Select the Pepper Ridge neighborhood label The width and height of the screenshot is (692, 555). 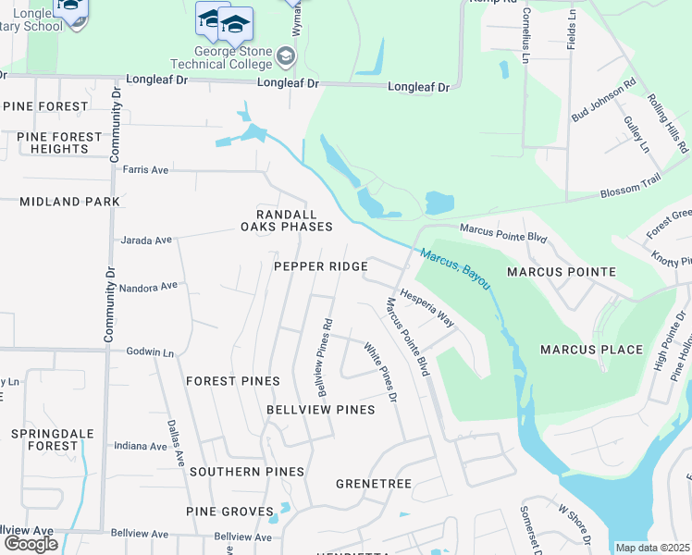[x=321, y=266]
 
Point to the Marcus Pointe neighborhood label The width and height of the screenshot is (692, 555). [x=562, y=272]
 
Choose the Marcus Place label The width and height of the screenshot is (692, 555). [x=591, y=350]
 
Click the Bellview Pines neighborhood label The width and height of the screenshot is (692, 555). [x=321, y=409]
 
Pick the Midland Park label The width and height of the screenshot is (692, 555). [x=70, y=201]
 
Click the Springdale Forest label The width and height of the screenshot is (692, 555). [x=46, y=439]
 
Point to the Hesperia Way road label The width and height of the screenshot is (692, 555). [x=427, y=312]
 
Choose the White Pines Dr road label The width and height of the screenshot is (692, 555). [x=379, y=373]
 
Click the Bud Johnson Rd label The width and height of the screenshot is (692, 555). [x=604, y=99]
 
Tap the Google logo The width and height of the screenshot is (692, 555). [x=31, y=544]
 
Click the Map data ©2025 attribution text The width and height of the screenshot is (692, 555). [x=652, y=548]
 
